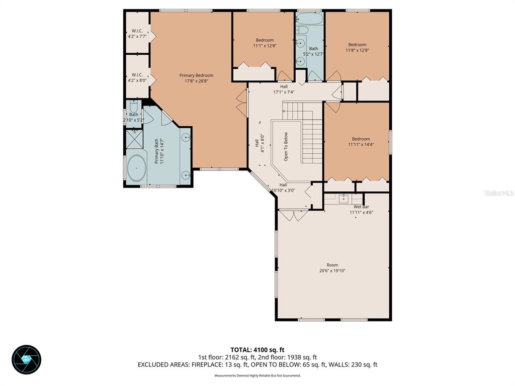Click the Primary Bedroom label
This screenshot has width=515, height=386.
(196, 75)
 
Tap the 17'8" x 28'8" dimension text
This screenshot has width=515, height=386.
(196, 81)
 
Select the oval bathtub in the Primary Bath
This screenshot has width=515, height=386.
(136, 168)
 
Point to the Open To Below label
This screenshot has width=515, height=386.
(286, 146)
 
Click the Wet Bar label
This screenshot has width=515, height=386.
(361, 207)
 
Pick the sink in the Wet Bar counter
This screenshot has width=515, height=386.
(345, 199)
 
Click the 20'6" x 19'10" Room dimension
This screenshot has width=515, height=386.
(332, 270)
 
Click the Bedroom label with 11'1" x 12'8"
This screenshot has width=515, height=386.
(265, 40)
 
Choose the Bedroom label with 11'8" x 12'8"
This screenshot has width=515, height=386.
(357, 44)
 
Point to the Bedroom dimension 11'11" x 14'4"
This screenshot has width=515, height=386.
(361, 144)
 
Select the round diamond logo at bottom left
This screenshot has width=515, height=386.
(26, 359)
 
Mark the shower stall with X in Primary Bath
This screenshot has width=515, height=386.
(133, 138)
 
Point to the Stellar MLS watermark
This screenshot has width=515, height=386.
(498, 192)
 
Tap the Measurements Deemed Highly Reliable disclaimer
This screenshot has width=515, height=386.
(257, 375)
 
